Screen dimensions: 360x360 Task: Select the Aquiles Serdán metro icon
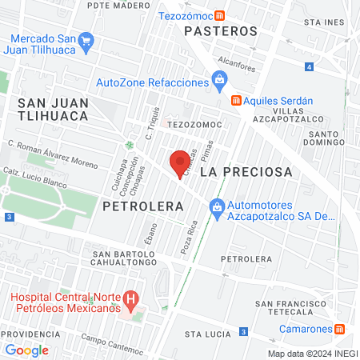click(x=235, y=101)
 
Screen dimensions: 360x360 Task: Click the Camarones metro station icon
click(x=340, y=329)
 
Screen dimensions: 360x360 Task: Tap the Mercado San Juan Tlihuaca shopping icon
click(x=88, y=40)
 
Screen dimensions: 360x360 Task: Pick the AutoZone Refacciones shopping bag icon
click(x=218, y=79)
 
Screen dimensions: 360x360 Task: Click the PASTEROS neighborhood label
click(x=221, y=31)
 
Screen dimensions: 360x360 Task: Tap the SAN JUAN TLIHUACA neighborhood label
click(x=62, y=110)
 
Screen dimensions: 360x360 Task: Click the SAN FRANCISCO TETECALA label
click(x=290, y=309)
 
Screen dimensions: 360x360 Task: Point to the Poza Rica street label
click(x=188, y=238)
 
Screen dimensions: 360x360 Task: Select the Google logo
click(x=27, y=350)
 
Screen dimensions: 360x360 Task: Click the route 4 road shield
click(x=309, y=67)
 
